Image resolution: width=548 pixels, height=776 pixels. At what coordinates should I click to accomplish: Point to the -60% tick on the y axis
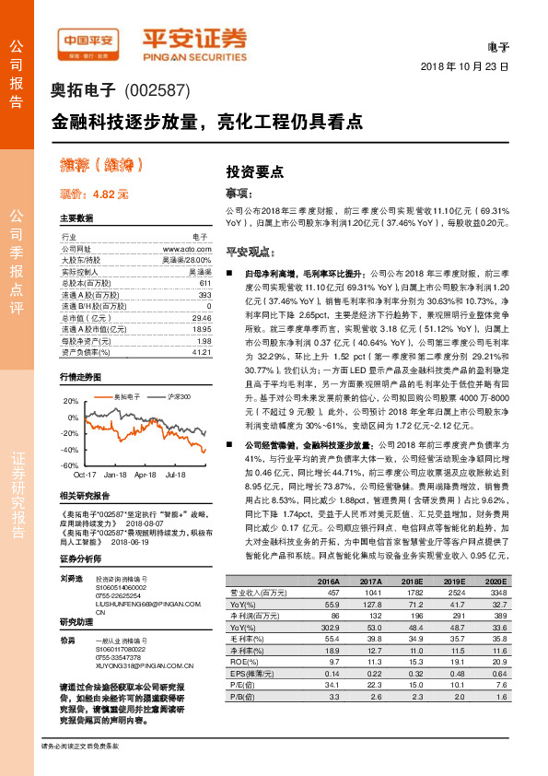pos(71,465)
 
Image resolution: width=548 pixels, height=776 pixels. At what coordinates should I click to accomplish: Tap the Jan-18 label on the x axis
pos(115,475)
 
